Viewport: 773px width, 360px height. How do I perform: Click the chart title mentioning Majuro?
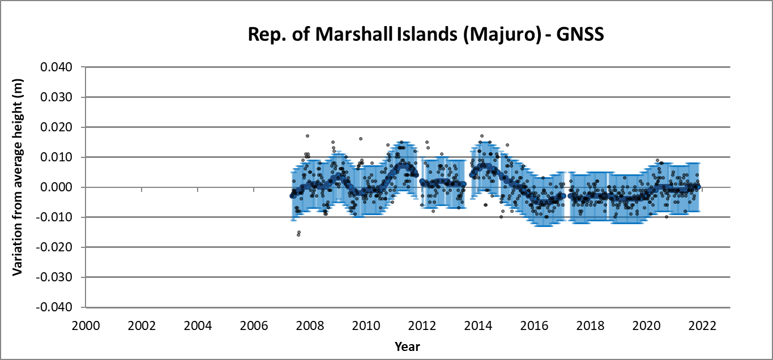click(x=426, y=35)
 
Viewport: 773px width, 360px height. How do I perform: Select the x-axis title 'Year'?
click(x=408, y=346)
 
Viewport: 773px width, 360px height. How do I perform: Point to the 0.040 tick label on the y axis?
click(x=57, y=67)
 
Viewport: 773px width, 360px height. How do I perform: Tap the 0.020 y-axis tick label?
click(x=57, y=127)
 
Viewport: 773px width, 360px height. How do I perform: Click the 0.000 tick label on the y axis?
click(x=57, y=187)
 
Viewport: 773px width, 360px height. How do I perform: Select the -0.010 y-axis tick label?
click(x=55, y=217)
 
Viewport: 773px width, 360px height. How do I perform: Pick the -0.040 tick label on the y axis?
click(x=55, y=307)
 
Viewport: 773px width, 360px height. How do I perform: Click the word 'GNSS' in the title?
click(x=580, y=35)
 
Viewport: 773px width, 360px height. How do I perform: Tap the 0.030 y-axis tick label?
click(x=57, y=97)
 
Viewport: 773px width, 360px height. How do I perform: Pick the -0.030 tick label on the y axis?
click(x=55, y=277)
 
